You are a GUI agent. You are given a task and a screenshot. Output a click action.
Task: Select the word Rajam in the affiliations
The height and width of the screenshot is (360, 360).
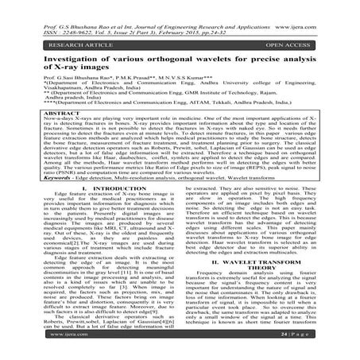pyautogui.click(x=275, y=94)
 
